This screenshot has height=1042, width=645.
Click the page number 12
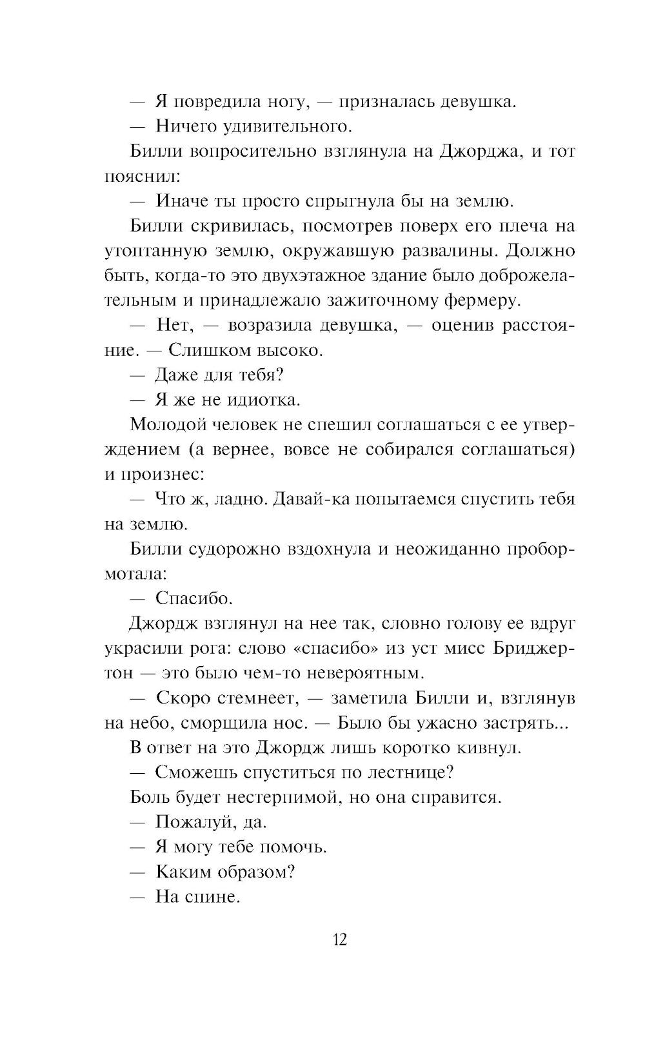[340, 939]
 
